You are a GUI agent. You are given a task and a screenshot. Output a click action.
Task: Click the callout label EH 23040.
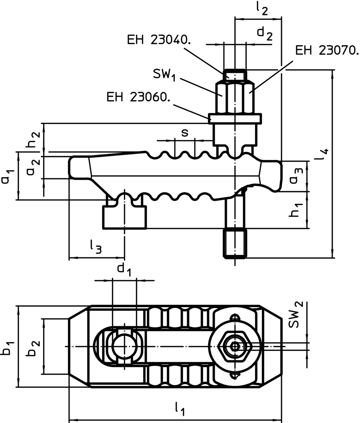[159, 40]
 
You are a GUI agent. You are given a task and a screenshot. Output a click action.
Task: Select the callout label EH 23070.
[327, 50]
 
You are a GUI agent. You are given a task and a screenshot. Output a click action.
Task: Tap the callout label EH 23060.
[138, 97]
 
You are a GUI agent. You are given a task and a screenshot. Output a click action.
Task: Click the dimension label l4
[324, 155]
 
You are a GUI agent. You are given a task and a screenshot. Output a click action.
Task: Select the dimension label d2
[265, 33]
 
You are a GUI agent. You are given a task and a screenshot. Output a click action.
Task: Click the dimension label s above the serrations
[184, 133]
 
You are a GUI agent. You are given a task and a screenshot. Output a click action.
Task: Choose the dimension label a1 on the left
[7, 176]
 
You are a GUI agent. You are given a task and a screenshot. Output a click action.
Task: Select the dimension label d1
[124, 269]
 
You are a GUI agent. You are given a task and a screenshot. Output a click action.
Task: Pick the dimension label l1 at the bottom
[180, 408]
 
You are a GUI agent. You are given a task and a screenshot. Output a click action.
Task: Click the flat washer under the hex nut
[235, 118]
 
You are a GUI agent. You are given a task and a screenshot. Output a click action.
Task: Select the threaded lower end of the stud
[235, 244]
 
